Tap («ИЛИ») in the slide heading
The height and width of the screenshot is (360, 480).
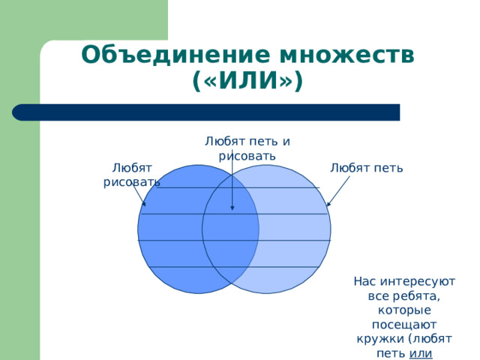(247, 80)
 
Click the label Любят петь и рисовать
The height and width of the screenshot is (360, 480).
(247, 148)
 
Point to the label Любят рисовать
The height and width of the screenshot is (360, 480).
(131, 174)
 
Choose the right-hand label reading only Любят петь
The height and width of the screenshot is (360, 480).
(367, 167)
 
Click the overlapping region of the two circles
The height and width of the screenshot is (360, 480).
(231, 229)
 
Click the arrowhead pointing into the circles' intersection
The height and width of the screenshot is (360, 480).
(232, 207)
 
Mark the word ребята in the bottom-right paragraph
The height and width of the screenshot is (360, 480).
(423, 296)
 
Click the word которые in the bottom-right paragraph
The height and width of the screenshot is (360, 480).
(404, 310)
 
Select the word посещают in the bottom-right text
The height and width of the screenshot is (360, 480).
(404, 324)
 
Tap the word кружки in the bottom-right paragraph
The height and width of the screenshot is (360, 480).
(380, 338)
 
